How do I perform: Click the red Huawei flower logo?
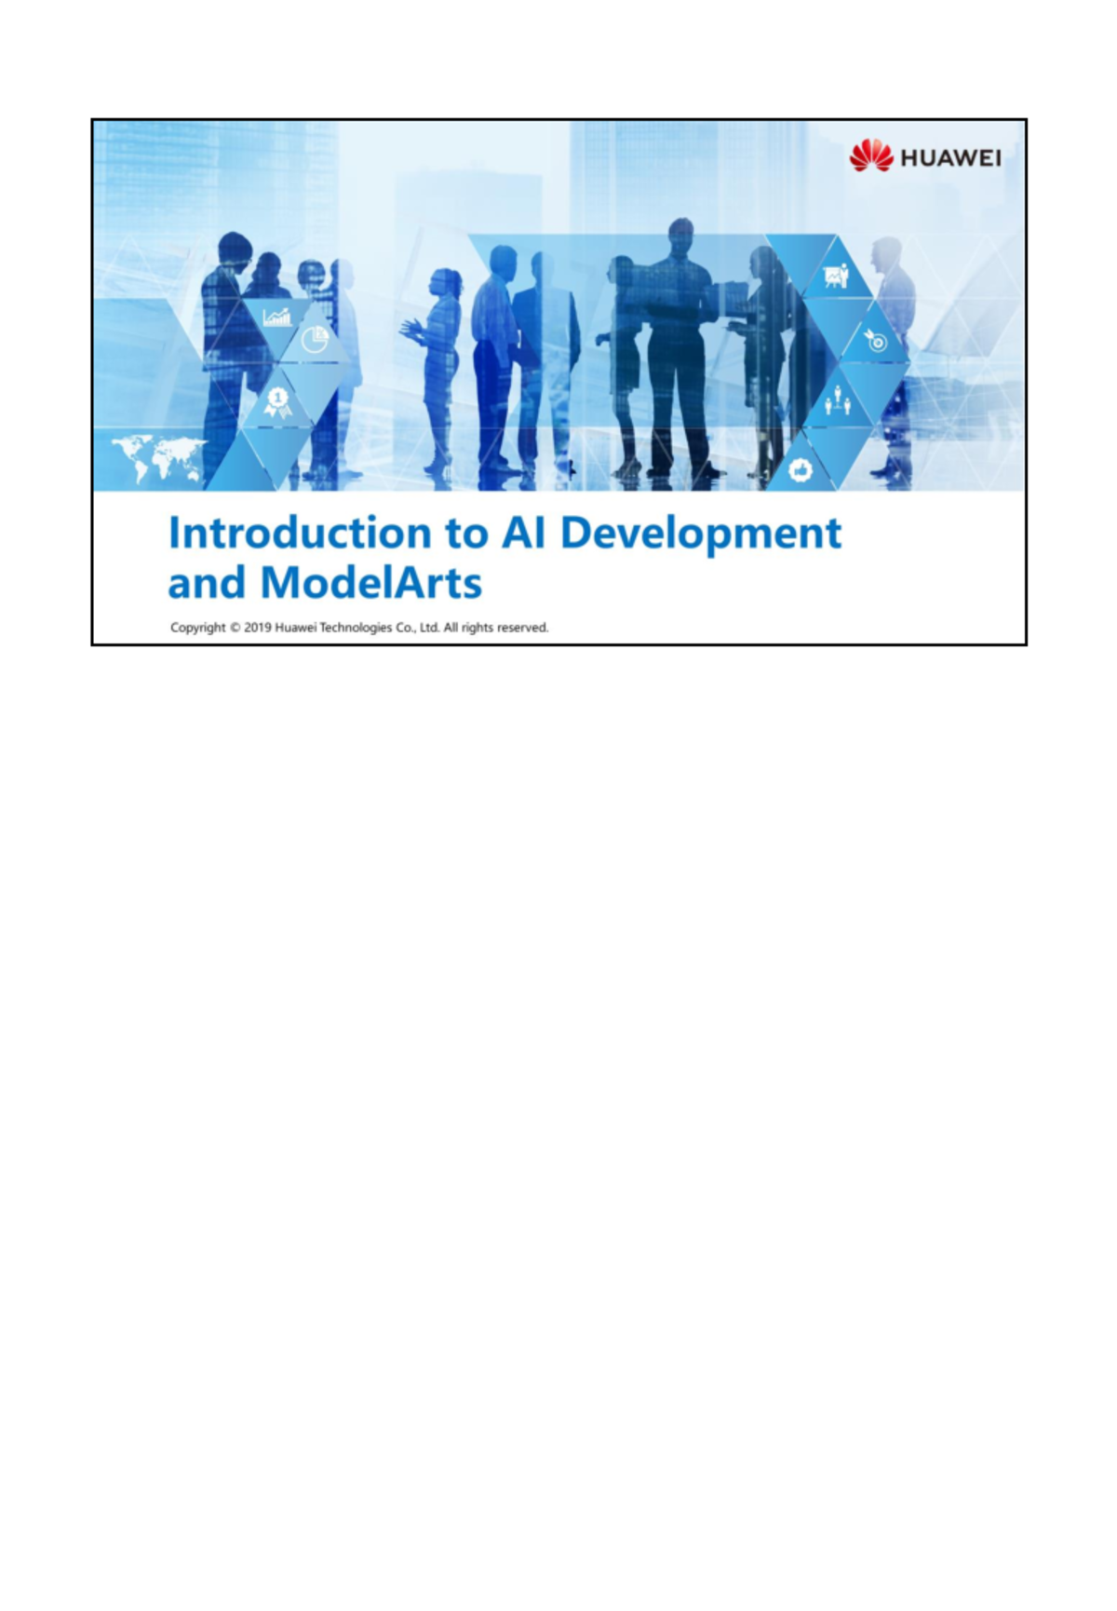pos(870,156)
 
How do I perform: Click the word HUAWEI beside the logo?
pos(950,158)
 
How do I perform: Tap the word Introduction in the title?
pos(299,534)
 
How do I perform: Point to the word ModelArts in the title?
pos(370,584)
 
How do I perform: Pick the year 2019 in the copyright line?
pos(258,629)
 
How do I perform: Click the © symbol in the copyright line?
pos(235,629)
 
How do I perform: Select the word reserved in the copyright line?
pos(521,629)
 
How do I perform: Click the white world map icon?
pos(157,456)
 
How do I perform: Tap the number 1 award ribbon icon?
pos(277,401)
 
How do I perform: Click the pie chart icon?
pos(316,340)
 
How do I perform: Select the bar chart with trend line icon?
pos(276,318)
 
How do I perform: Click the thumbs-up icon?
pos(800,469)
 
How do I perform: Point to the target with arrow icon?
pos(875,340)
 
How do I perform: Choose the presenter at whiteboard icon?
pos(836,277)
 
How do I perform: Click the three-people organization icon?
pos(838,402)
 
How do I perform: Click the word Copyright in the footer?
pos(198,629)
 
